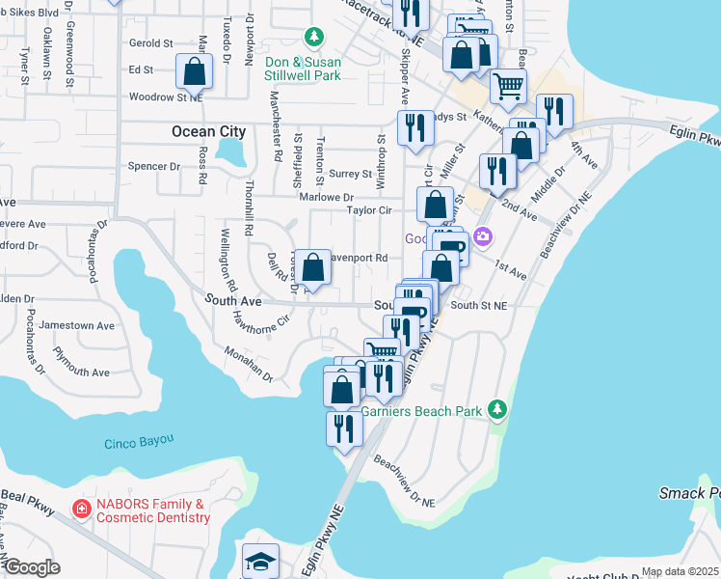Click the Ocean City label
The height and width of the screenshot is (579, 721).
[208, 131]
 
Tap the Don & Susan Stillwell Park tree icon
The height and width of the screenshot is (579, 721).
[313, 38]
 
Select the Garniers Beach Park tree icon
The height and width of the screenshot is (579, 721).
[497, 410]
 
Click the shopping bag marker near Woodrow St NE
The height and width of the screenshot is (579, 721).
[194, 71]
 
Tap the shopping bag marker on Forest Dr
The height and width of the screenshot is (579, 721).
[313, 266]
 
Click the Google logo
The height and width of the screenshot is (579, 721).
[31, 567]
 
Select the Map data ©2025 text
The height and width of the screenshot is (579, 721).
[679, 571]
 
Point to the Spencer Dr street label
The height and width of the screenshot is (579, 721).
[154, 166]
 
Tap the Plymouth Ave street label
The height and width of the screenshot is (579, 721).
[82, 372]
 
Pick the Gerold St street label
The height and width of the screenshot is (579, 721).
[150, 43]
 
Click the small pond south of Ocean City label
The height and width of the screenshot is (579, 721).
[230, 151]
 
